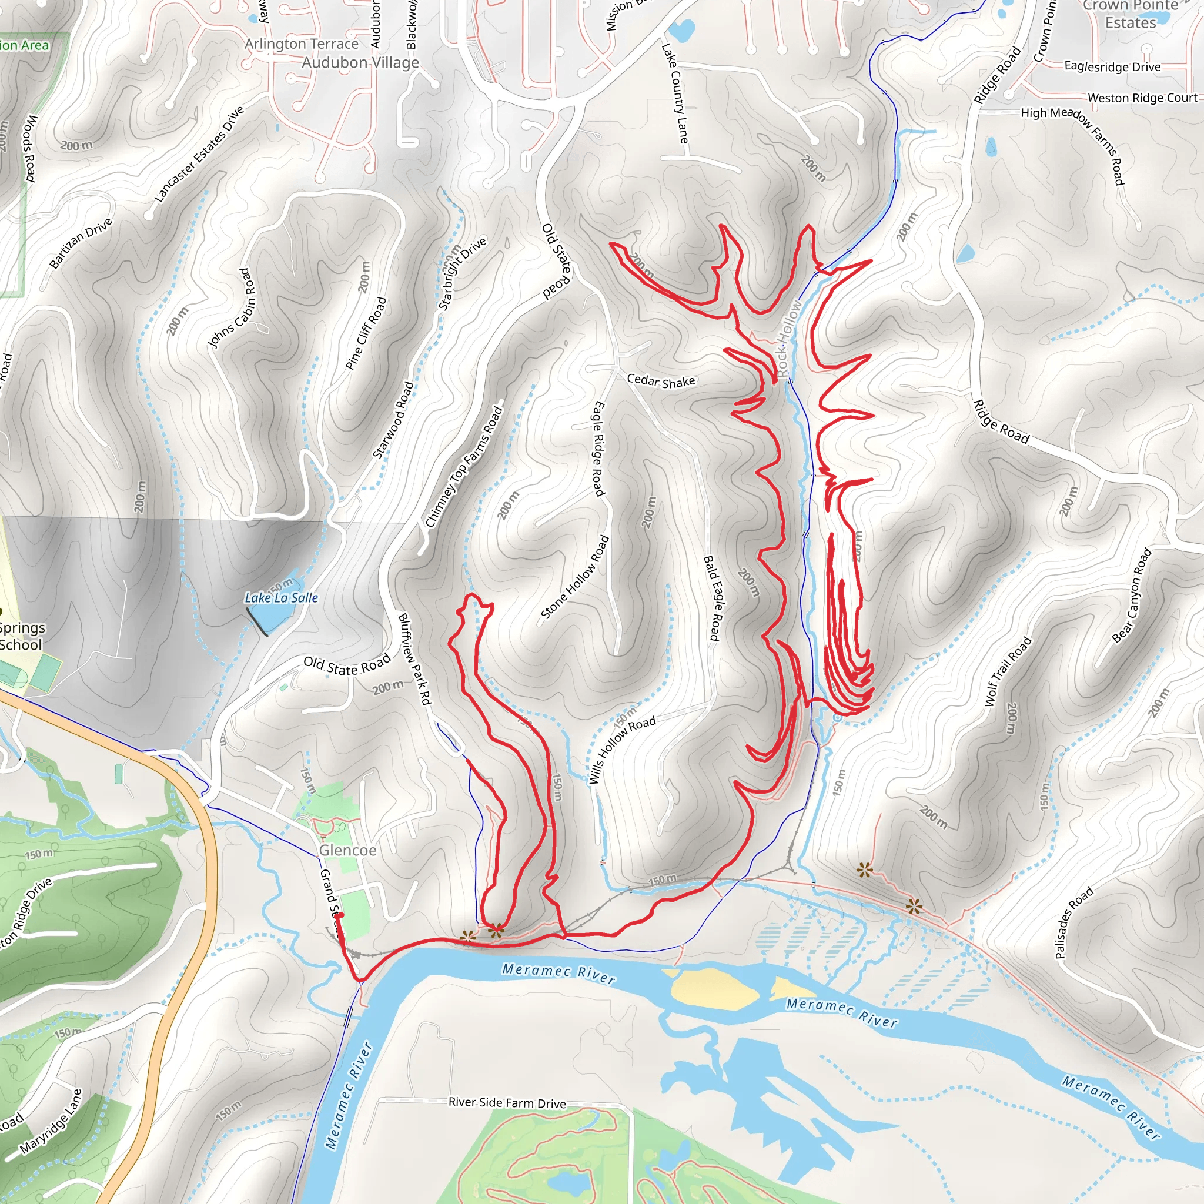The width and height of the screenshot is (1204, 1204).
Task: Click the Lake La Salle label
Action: click(281, 598)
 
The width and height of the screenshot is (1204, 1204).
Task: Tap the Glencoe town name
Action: click(348, 850)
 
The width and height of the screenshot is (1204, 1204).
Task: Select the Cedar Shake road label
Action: click(661, 381)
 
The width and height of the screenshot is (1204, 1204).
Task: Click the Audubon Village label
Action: click(360, 63)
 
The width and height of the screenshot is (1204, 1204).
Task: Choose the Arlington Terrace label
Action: click(302, 44)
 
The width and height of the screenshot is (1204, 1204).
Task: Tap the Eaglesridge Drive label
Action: click(1112, 66)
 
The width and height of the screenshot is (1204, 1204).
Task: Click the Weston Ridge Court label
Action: click(1142, 98)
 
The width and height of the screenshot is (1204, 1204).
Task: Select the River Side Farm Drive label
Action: click(507, 1102)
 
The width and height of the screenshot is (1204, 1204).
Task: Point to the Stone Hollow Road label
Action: click(574, 577)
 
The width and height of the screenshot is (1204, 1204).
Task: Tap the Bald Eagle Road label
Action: click(713, 598)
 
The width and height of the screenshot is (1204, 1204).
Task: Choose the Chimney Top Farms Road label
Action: click(464, 467)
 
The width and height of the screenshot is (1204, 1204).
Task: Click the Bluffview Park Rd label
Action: click(414, 660)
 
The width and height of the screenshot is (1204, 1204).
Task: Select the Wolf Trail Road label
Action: click(1008, 671)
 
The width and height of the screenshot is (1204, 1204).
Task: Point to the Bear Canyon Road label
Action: click(1132, 596)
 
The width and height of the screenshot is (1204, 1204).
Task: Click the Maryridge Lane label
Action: click(51, 1122)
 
